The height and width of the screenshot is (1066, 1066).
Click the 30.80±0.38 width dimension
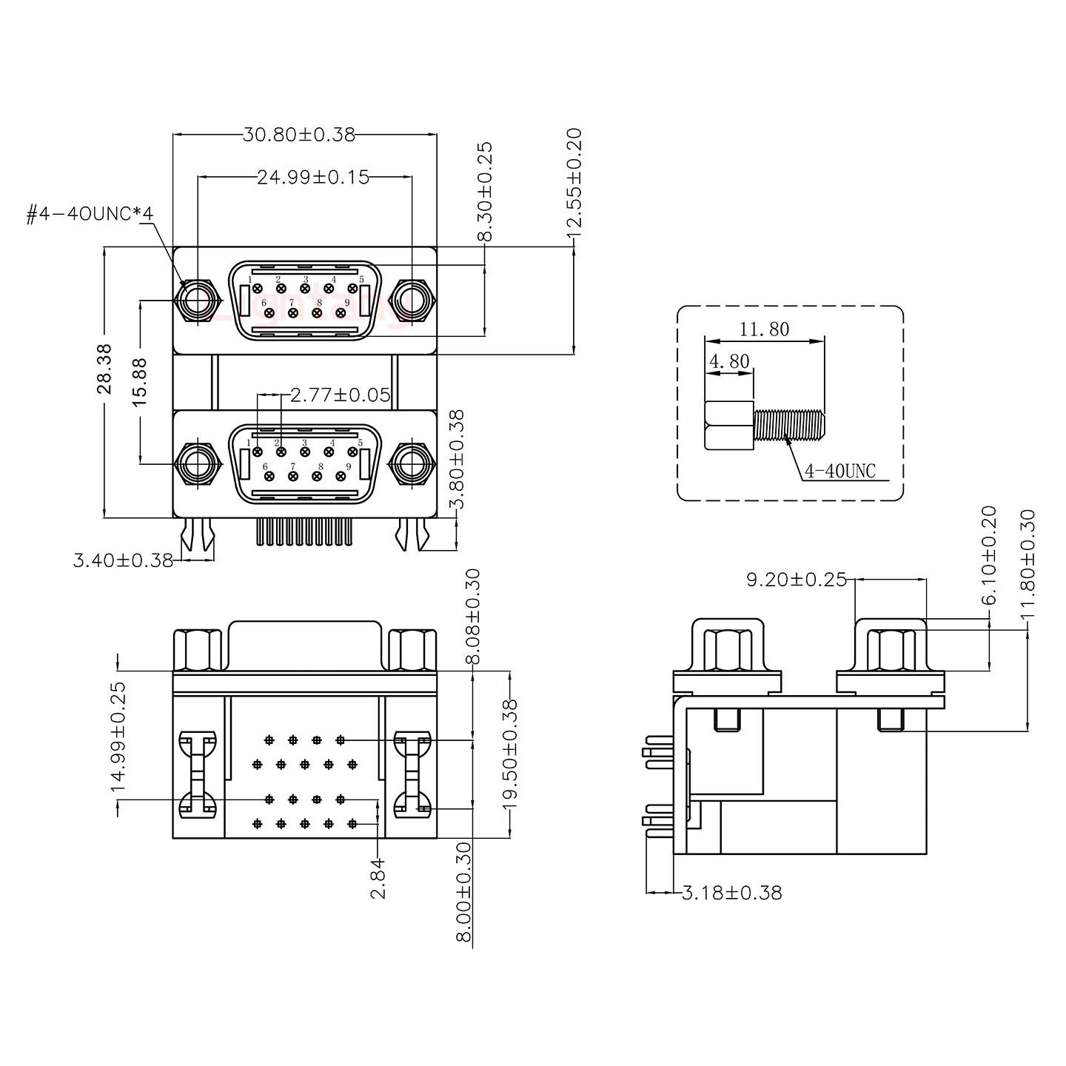point(298,135)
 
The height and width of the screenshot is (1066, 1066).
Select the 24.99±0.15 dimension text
point(312,178)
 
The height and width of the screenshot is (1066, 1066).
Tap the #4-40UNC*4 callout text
point(89,215)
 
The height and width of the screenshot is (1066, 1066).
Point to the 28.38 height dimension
point(104,368)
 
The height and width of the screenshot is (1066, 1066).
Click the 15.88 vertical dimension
point(139,381)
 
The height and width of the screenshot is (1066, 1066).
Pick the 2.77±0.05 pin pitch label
point(340,395)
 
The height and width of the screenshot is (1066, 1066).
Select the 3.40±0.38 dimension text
point(123,560)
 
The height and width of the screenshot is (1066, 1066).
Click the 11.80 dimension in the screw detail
point(763,329)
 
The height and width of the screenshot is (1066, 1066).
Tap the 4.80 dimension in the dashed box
point(729,362)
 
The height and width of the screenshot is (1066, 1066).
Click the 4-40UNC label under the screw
point(839,471)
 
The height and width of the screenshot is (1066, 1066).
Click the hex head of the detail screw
point(729,426)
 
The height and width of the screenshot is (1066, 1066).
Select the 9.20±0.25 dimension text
point(796,580)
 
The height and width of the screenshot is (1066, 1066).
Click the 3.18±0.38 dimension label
point(731,893)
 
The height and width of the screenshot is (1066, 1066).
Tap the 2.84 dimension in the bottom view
point(378,878)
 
